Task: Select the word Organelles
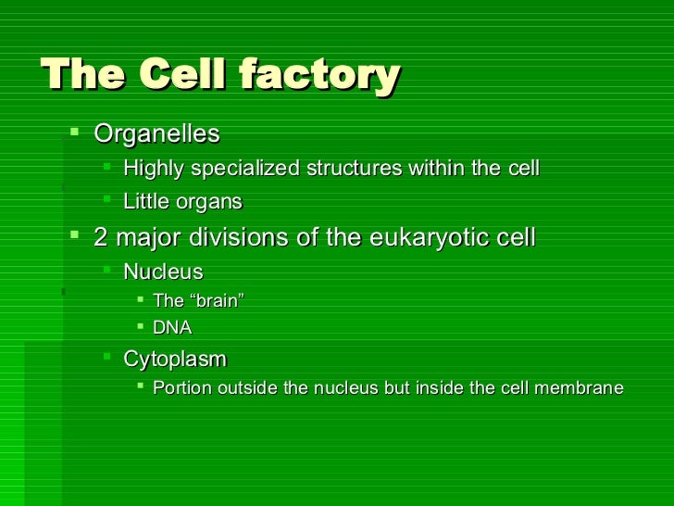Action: click(x=156, y=134)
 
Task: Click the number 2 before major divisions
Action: click(x=101, y=237)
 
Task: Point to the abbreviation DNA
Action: click(x=172, y=327)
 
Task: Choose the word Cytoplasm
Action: click(x=174, y=359)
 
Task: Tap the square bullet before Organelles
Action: click(x=75, y=134)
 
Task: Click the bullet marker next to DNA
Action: click(x=138, y=326)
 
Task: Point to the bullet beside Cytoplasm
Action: click(x=107, y=358)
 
